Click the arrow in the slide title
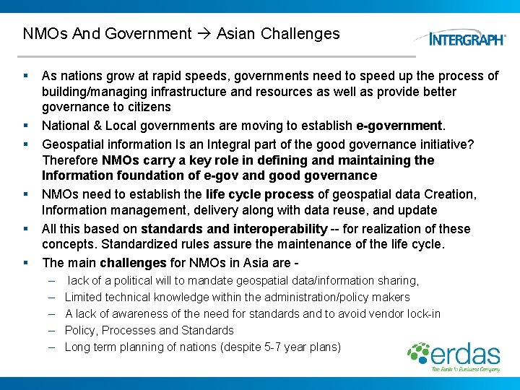tap(204, 34)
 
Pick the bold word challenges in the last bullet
tap(133, 262)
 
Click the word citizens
tap(147, 107)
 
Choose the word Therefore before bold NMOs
tap(71, 160)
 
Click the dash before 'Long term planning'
tap(53, 347)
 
